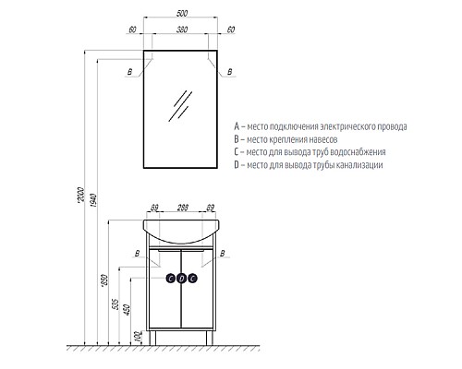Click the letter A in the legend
pyautogui.click(x=237, y=125)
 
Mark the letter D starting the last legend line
pyautogui.click(x=237, y=164)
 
